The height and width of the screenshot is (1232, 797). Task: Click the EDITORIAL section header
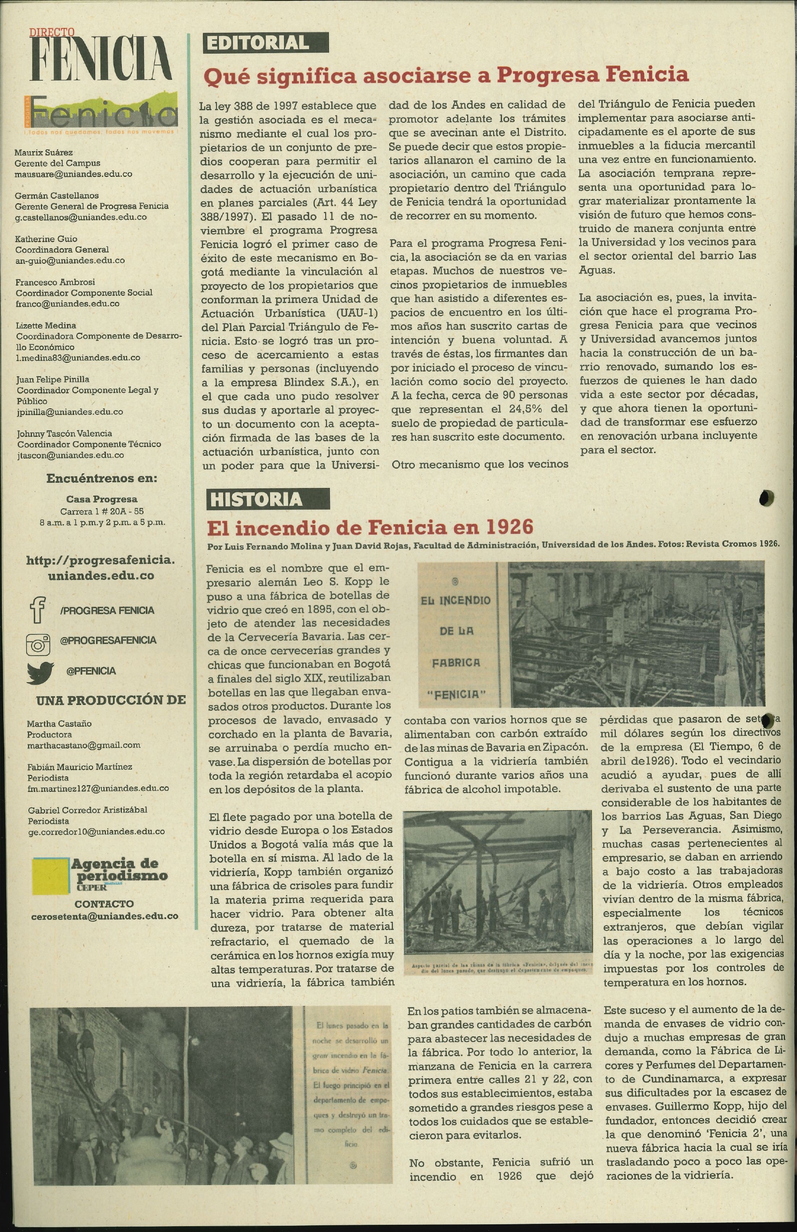pyautogui.click(x=266, y=43)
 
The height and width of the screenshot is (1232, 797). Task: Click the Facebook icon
pyautogui.click(x=38, y=609)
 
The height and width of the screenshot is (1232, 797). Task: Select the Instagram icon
pyautogui.click(x=38, y=645)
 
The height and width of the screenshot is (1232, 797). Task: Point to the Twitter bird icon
pyautogui.click(x=40, y=672)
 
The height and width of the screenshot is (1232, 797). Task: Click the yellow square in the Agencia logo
pyautogui.click(x=50, y=876)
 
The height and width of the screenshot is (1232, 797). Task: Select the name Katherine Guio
pyautogui.click(x=46, y=239)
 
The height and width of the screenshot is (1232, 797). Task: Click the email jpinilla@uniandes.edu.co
pyautogui.click(x=70, y=412)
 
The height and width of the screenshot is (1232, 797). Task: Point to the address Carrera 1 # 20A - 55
pyautogui.click(x=102, y=512)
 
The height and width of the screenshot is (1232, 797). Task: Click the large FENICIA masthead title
pyautogui.click(x=100, y=59)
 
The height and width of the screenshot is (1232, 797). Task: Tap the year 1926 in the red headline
pyautogui.click(x=509, y=527)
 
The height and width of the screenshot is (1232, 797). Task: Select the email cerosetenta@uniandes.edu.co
pyautogui.click(x=104, y=916)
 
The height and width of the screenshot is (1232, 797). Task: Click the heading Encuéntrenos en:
pyautogui.click(x=101, y=478)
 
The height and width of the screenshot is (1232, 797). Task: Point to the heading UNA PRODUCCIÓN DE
pyautogui.click(x=111, y=700)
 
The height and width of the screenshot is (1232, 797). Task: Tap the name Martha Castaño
pyautogui.click(x=59, y=723)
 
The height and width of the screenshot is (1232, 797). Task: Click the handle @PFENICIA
pyautogui.click(x=91, y=671)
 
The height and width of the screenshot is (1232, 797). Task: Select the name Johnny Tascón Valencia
pyautogui.click(x=64, y=433)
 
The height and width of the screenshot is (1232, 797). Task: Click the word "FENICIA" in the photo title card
pyautogui.click(x=456, y=694)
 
